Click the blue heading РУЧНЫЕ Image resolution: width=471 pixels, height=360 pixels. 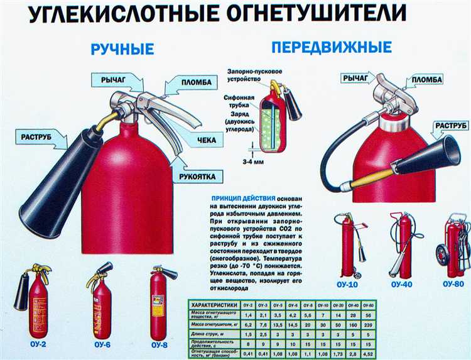tap(122, 50)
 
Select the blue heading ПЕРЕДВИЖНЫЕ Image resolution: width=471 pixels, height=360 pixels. tap(332, 47)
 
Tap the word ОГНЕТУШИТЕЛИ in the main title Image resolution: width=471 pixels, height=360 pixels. tap(301, 14)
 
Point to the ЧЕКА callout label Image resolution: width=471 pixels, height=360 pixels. tap(206, 139)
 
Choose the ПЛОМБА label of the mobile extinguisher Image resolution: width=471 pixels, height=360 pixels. tap(427, 80)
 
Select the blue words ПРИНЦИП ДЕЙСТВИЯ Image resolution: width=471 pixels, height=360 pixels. tap(238, 197)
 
